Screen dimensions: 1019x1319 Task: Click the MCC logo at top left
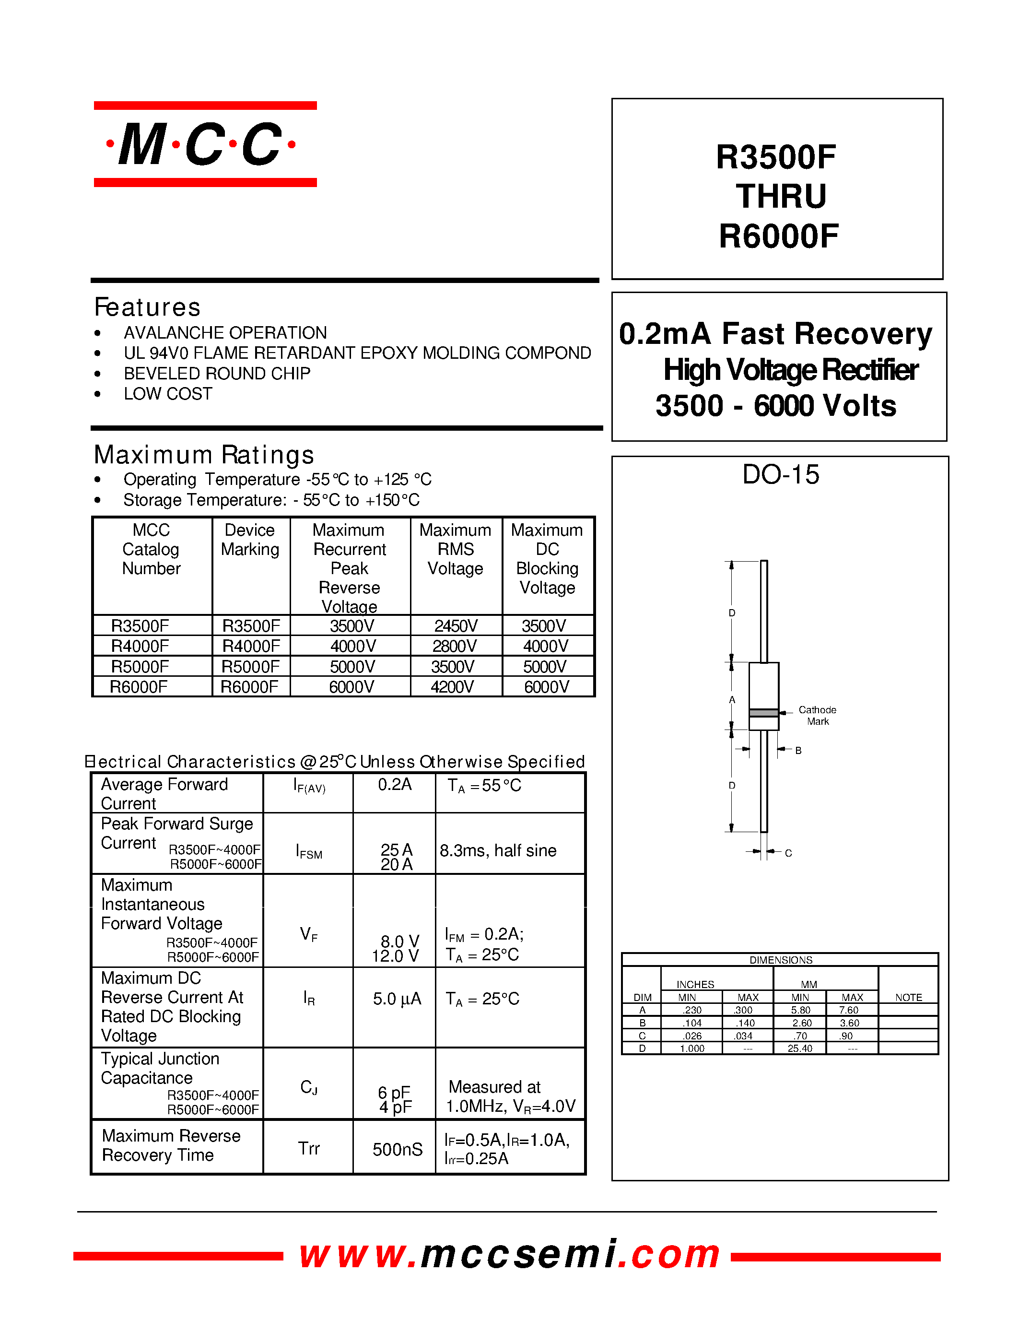[x=205, y=144]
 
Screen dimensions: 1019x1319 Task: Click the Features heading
[x=147, y=307]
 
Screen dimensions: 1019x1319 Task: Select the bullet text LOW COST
[x=168, y=394]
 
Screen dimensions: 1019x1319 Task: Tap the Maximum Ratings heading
[x=204, y=455]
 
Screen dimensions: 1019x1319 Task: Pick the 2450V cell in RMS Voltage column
[x=456, y=625]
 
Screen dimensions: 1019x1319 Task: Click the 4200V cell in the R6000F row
[x=452, y=687]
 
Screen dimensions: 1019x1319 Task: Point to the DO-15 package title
[x=781, y=475]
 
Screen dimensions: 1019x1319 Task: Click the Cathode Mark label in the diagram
[x=818, y=715]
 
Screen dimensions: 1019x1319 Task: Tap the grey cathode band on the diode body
[x=763, y=713]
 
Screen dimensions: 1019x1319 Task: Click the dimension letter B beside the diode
[x=798, y=750]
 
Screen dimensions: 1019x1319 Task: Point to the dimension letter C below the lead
[x=788, y=853]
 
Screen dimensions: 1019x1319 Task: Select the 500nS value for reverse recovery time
[x=397, y=1149]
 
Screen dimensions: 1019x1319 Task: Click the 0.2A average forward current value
[x=395, y=785]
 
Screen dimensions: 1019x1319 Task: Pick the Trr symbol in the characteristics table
[x=308, y=1149]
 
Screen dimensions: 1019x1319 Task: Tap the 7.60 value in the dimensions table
[x=849, y=1010]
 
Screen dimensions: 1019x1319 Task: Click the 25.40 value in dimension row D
[x=800, y=1048]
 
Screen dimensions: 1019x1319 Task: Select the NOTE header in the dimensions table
[x=908, y=998]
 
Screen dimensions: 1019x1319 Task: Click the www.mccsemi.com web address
[x=509, y=1254]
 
